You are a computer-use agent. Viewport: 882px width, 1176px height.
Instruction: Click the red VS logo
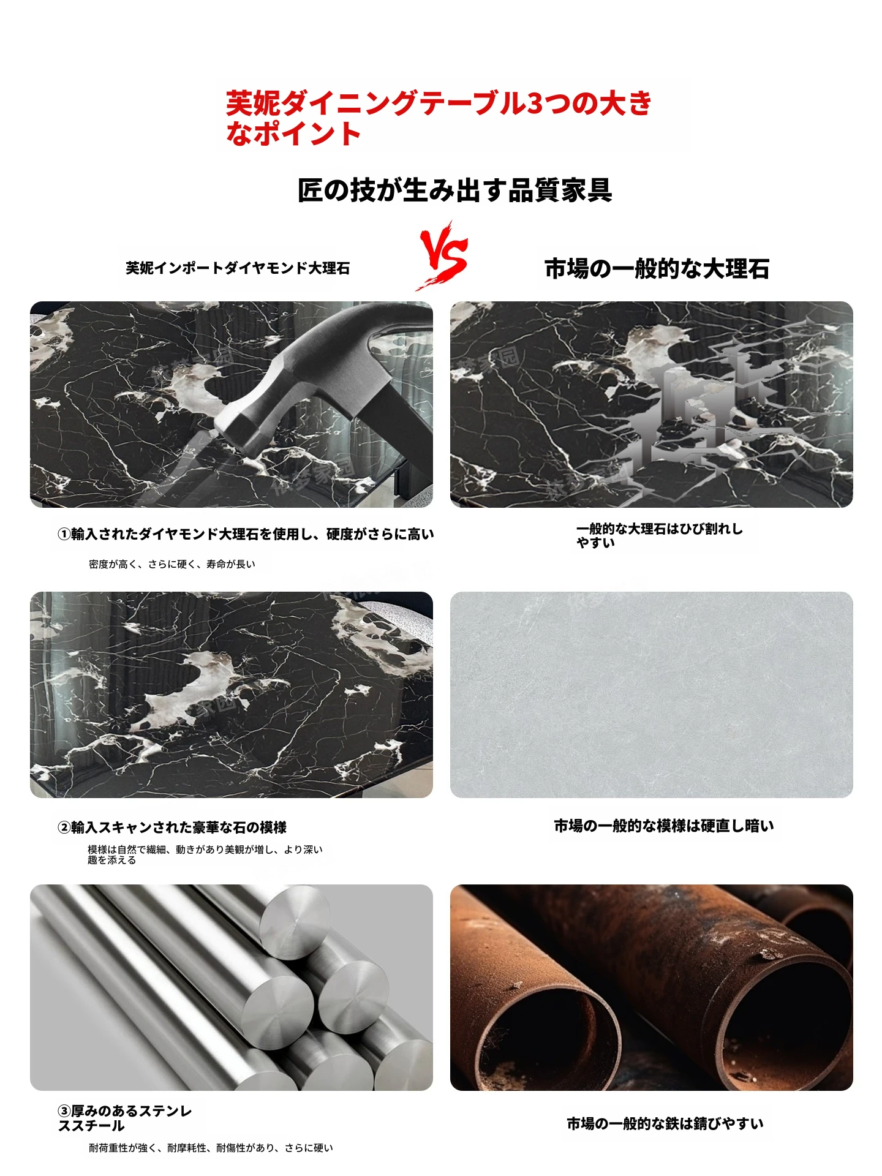(x=443, y=256)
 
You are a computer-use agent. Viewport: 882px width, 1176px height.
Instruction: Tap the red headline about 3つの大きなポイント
(x=439, y=118)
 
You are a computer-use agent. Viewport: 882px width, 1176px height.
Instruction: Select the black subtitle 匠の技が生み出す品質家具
(x=454, y=190)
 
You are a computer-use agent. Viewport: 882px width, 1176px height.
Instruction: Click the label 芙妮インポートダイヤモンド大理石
(x=238, y=268)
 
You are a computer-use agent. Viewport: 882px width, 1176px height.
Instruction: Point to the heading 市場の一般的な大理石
(x=657, y=268)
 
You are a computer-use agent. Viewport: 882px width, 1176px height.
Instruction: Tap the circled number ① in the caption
(x=64, y=534)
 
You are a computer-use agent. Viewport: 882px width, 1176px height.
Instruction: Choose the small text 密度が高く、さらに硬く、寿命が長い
(x=172, y=564)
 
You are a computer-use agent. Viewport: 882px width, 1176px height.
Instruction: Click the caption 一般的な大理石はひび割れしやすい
(x=659, y=535)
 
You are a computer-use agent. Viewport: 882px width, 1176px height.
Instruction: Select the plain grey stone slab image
(x=651, y=695)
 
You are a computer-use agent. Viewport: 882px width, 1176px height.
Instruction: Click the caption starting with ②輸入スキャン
(x=172, y=827)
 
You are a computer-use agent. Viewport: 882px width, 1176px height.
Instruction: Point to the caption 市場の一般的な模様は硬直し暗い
(x=664, y=826)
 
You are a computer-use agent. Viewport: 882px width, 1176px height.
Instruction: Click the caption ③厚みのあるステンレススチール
(x=125, y=1118)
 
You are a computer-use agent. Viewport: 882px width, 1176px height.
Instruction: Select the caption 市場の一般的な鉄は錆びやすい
(x=665, y=1123)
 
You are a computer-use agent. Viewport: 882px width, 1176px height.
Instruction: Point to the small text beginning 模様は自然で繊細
(x=205, y=854)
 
